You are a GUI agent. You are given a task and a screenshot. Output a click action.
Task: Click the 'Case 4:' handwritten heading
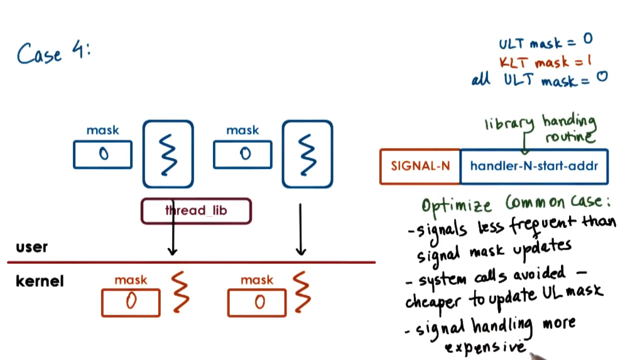(53, 53)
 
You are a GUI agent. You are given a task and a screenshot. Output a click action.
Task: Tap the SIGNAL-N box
(420, 166)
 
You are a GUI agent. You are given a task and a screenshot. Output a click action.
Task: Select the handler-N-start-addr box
(534, 166)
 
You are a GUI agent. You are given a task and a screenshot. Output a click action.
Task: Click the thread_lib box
(196, 211)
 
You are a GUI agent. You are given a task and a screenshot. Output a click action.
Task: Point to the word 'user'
(31, 247)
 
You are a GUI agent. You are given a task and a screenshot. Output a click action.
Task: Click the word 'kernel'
(40, 280)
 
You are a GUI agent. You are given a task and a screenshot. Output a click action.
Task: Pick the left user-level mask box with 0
(102, 155)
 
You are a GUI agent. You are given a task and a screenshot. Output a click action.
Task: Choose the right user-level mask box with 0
(242, 155)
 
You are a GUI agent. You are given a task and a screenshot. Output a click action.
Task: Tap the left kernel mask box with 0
(131, 303)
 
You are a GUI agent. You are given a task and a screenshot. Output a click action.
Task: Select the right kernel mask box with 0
(257, 303)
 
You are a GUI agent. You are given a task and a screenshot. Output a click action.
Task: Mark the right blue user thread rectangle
(307, 154)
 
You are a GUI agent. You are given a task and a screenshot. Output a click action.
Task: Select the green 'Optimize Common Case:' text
(515, 205)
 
